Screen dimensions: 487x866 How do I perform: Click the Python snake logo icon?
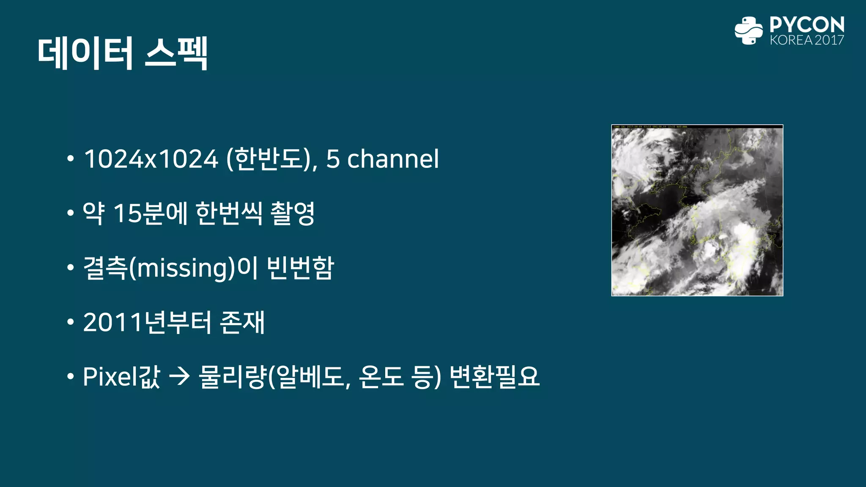748,30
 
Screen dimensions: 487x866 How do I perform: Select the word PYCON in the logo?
807,25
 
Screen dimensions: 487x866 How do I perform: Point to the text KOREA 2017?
807,40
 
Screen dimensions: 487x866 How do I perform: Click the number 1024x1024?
151,159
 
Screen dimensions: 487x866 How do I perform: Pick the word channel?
393,159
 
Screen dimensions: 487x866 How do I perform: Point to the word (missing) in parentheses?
181,268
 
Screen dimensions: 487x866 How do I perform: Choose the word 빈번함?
301,268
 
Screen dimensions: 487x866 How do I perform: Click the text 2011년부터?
147,322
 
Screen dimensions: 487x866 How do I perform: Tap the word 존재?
243,322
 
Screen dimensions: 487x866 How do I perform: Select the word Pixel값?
121,376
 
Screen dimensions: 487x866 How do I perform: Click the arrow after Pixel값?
179,376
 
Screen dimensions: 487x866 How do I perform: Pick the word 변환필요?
494,376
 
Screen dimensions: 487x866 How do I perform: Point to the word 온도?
381,376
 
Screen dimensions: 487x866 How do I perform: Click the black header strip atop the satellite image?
697,126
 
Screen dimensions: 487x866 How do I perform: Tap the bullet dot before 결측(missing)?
71,268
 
